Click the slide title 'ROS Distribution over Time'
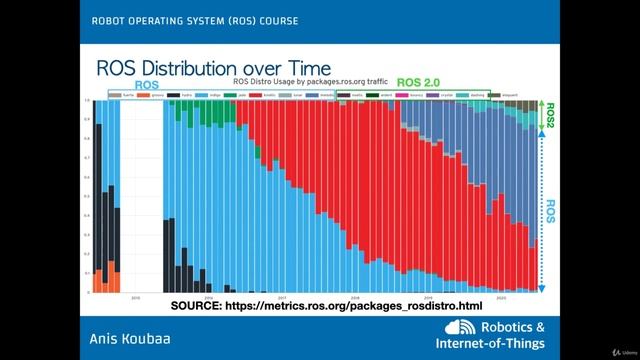coord(211,67)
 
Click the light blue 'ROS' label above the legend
coord(146,86)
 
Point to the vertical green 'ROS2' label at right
coord(550,120)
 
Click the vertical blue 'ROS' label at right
coord(551,212)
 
